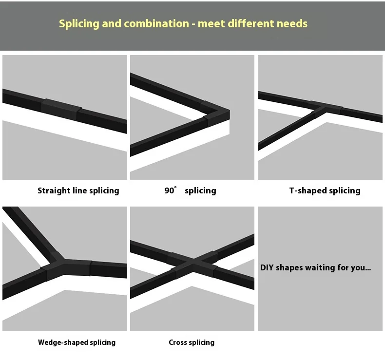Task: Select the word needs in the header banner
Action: tap(292, 24)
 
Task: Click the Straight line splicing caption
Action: tap(78, 190)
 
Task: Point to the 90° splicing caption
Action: tap(190, 190)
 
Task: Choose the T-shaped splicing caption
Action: tap(325, 190)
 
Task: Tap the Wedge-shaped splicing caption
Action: tap(77, 342)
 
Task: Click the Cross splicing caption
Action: tap(192, 342)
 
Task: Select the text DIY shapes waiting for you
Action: tap(315, 267)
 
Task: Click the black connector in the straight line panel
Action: tap(61, 109)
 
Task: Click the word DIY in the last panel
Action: tap(267, 267)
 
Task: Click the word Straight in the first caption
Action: tap(54, 190)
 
